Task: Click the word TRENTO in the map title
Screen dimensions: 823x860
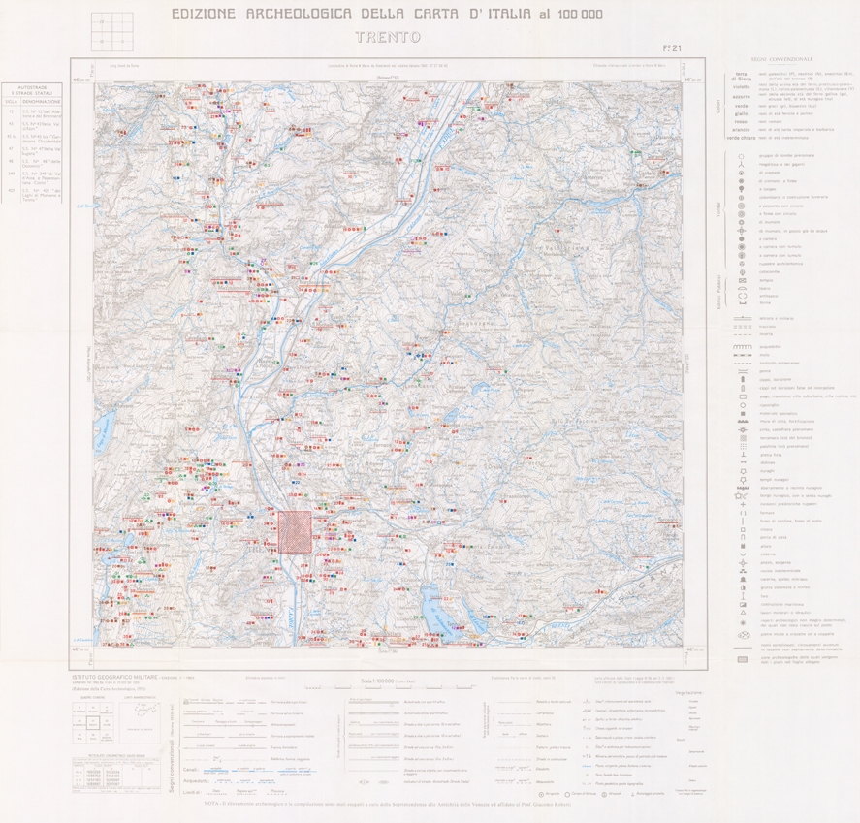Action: coord(386,40)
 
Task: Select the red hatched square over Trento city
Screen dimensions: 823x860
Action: coord(296,533)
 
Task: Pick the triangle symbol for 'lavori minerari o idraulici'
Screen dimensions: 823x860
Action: coord(742,611)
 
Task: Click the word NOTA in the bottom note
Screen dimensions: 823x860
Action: coord(211,802)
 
